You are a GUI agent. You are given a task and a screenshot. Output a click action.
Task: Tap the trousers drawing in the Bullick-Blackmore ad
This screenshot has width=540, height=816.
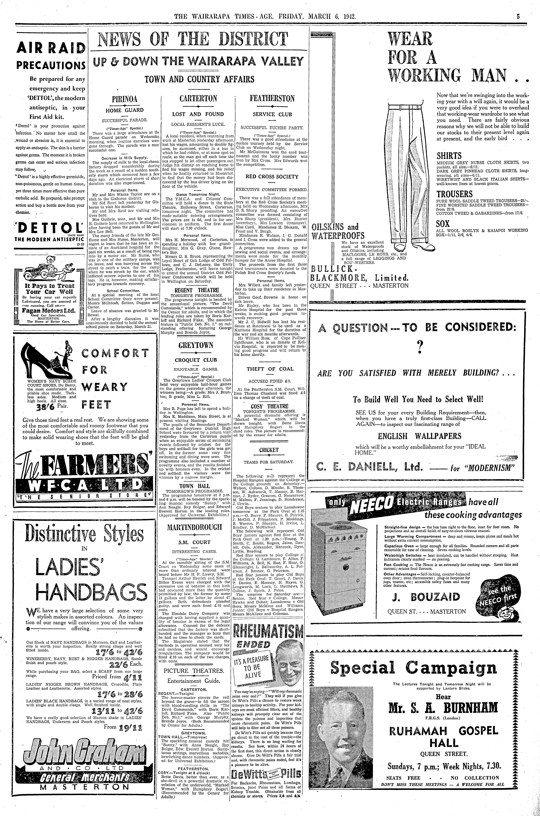coord(406,172)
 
